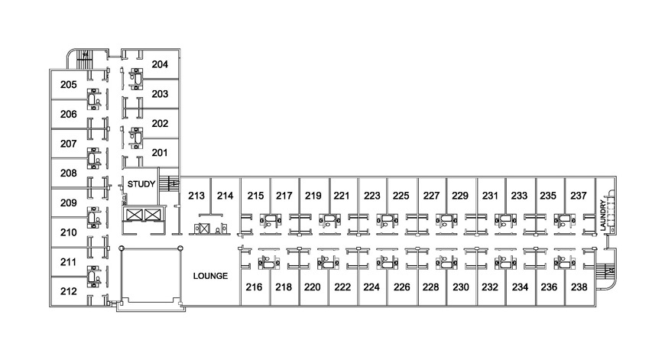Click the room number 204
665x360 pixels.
click(x=160, y=64)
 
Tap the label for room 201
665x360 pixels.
click(x=160, y=153)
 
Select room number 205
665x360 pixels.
click(x=68, y=85)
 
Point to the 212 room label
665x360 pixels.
click(x=68, y=291)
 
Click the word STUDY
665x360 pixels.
click(x=141, y=184)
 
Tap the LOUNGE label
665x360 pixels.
click(x=210, y=276)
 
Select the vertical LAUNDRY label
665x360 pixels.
click(x=603, y=216)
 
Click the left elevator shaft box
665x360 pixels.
click(x=134, y=215)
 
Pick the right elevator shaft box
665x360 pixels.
click(x=151, y=215)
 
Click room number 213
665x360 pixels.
click(x=196, y=196)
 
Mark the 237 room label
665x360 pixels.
click(x=579, y=196)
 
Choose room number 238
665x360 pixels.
click(x=579, y=287)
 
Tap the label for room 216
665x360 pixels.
click(x=254, y=287)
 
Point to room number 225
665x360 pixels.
click(x=401, y=196)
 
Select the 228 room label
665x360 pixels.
click(x=430, y=287)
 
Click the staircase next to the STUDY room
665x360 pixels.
click(x=169, y=184)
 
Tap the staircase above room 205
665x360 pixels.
click(x=85, y=60)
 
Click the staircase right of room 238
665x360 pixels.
click(x=605, y=270)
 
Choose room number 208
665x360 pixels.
click(x=68, y=174)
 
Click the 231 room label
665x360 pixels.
click(x=490, y=196)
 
